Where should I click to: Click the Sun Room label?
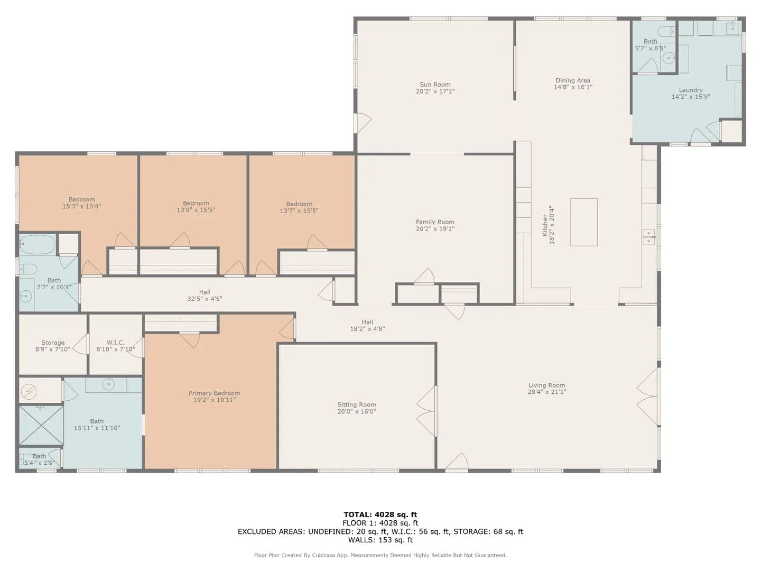(435, 85)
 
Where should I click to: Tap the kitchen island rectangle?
(584, 222)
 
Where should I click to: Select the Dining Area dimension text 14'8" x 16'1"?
(573, 87)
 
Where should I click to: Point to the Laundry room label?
(691, 90)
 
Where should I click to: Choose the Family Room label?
(435, 222)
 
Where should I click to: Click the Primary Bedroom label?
(214, 393)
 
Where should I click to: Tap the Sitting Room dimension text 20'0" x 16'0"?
(356, 411)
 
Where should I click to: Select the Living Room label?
(547, 385)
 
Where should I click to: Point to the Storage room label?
(53, 343)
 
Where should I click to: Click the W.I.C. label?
(115, 343)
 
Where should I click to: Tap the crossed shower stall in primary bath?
(41, 426)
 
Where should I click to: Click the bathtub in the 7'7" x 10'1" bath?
(38, 245)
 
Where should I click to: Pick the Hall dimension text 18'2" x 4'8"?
(367, 329)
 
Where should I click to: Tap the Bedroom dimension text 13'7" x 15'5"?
(299, 211)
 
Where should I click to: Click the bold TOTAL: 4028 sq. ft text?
(380, 514)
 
